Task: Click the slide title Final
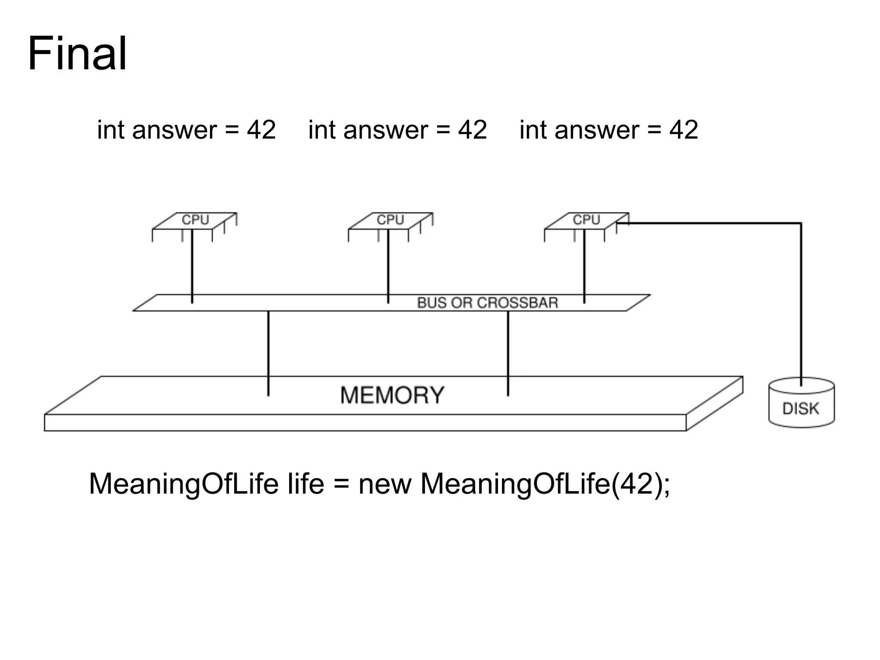point(77,55)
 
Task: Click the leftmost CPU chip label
point(195,220)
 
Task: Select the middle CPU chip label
point(390,220)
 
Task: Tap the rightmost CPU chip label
point(586,220)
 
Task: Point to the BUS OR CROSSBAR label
point(487,303)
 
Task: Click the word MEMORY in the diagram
point(392,395)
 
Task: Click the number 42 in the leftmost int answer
point(261,130)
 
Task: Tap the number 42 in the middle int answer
point(472,130)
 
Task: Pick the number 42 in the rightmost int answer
point(683,130)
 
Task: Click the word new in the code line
point(385,484)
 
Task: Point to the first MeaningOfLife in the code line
point(183,484)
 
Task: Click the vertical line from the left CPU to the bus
point(192,266)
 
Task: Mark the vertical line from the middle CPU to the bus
point(388,266)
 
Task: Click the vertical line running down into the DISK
point(801,301)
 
